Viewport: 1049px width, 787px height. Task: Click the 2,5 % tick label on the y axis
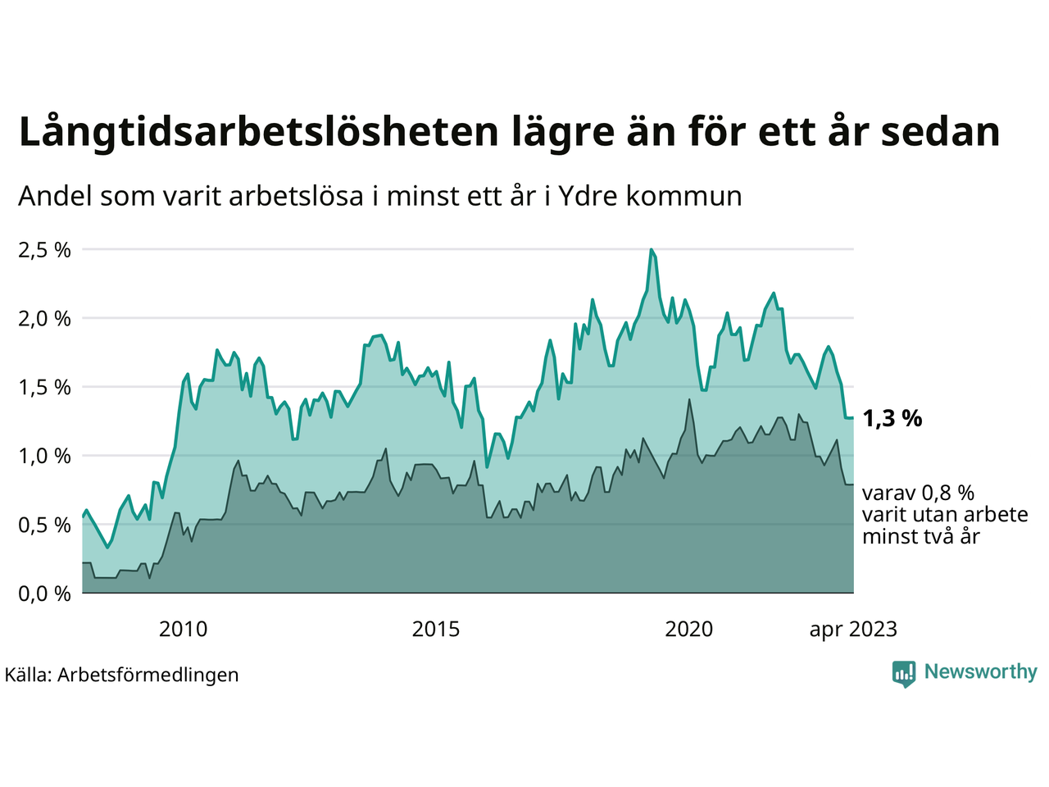[44, 250]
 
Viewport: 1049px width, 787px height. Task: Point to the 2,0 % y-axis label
[44, 319]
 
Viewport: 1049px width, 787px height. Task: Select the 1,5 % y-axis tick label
[44, 388]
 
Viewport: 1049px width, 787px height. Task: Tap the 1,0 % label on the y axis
[44, 457]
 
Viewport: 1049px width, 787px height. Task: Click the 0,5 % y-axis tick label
[44, 525]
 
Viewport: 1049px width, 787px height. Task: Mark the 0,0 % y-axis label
[44, 594]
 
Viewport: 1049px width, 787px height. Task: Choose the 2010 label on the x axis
[183, 630]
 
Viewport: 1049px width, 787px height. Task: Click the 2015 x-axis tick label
[436, 630]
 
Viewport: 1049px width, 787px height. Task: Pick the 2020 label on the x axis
[688, 630]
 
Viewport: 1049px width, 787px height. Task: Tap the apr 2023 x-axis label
[853, 630]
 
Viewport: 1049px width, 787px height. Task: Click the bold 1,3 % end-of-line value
[892, 419]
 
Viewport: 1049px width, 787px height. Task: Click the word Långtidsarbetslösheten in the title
[257, 132]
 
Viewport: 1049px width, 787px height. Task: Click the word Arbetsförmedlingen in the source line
[148, 675]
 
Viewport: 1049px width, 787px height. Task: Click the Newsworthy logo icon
[904, 673]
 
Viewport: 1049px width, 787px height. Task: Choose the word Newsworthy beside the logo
[981, 672]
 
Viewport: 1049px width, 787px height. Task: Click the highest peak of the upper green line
[652, 249]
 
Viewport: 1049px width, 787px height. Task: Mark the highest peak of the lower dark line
[689, 400]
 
